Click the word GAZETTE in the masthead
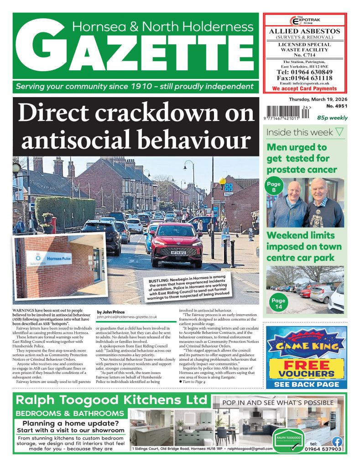click(137, 53)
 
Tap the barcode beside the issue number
click(287, 112)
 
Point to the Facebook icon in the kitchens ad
click(337, 441)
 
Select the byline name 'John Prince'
click(110, 312)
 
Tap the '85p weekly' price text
click(333, 118)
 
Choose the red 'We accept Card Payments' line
click(304, 89)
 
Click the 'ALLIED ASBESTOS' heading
click(304, 31)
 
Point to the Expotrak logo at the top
click(304, 21)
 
